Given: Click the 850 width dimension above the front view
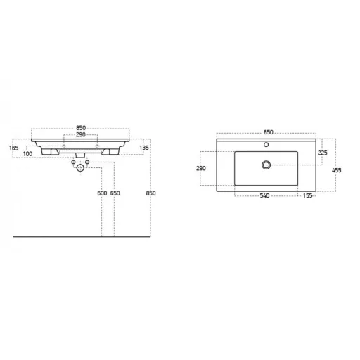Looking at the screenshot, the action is [81, 128].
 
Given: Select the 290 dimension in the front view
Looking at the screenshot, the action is [81, 135].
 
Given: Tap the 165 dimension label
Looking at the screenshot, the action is [13, 148].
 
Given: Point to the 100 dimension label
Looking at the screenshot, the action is [27, 154].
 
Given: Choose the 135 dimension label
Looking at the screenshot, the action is [144, 148].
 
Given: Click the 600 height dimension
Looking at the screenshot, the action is [102, 193].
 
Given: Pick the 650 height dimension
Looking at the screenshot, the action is [115, 193].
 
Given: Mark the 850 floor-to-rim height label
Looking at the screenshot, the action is [150, 193].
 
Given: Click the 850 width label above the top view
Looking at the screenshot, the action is [269, 132].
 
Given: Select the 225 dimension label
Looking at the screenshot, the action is [323, 153].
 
